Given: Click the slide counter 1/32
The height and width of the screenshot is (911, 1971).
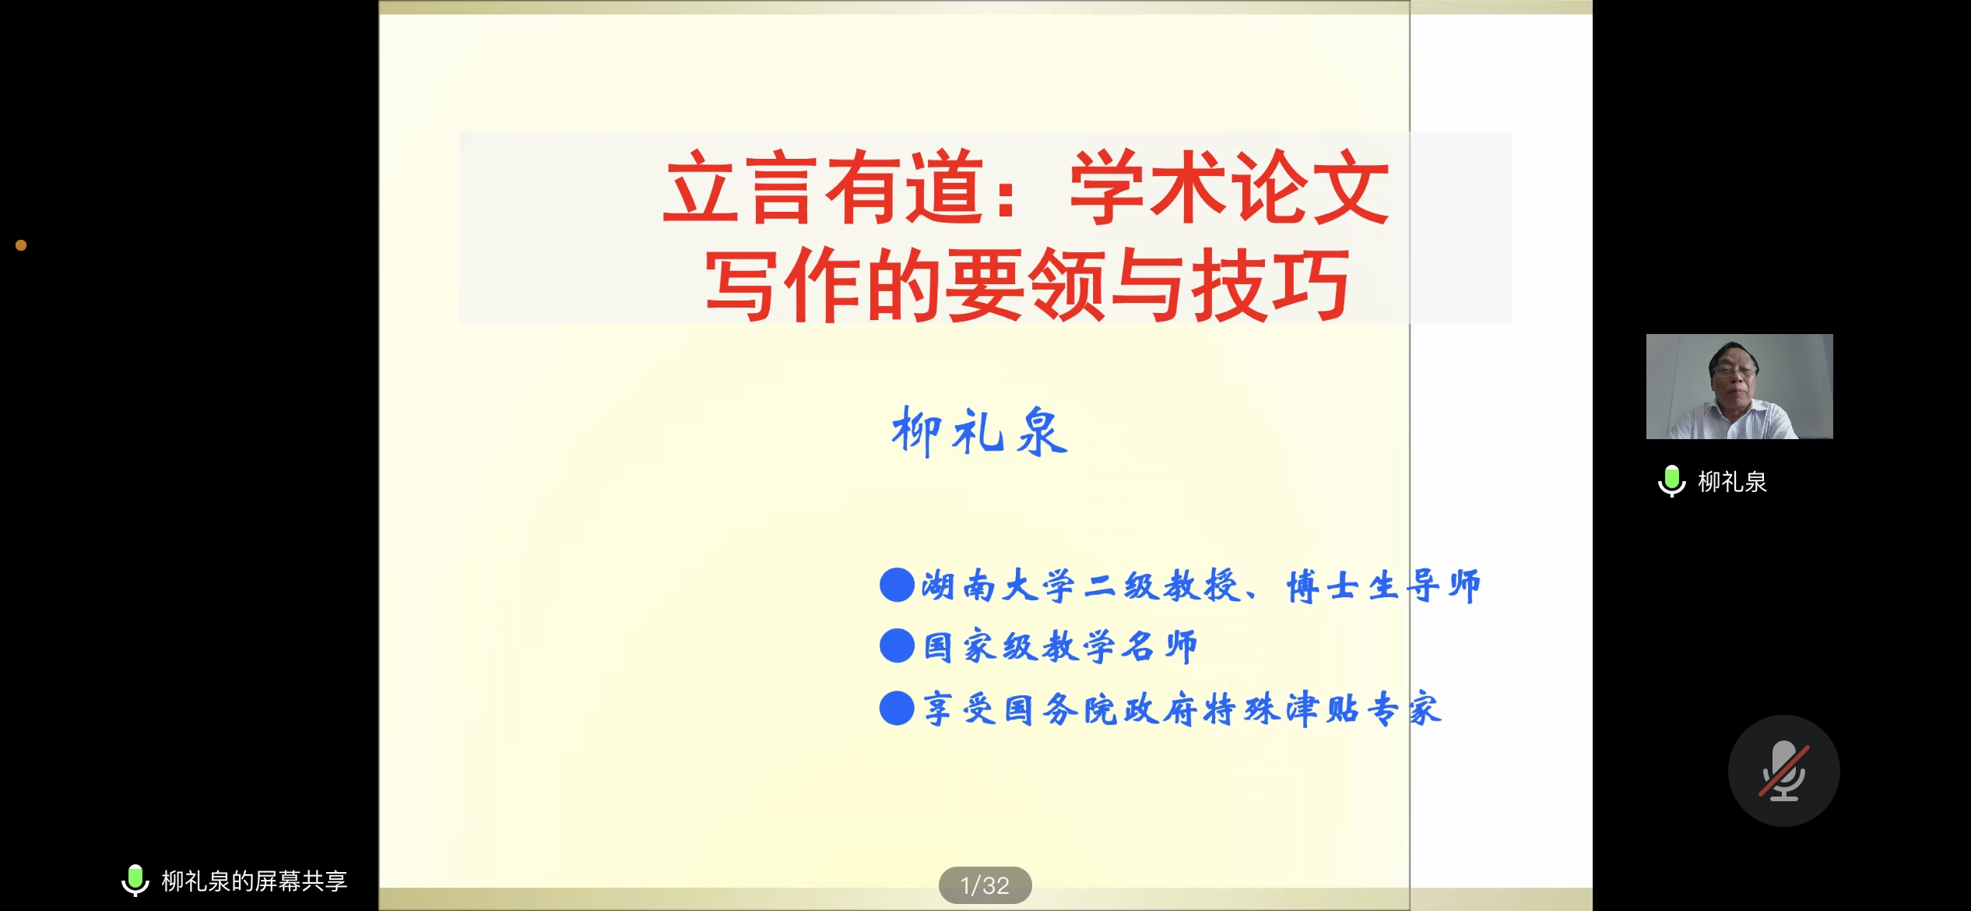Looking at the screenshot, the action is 985,885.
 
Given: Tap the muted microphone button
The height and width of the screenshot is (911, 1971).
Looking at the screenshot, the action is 1783,771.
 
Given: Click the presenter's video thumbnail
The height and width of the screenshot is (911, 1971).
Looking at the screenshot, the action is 1739,386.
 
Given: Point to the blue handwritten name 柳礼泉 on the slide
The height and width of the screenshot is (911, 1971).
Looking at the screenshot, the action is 979,431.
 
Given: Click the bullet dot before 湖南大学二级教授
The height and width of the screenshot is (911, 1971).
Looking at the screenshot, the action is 897,585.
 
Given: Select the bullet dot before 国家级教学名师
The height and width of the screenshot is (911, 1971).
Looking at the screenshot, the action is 897,646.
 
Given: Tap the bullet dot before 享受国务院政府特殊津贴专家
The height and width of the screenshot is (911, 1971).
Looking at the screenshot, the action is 897,709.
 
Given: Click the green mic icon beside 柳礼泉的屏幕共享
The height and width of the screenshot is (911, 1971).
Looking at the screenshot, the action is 135,880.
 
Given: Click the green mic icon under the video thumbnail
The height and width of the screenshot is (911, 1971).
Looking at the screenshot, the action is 1671,481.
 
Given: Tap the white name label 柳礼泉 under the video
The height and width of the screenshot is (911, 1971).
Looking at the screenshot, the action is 1732,482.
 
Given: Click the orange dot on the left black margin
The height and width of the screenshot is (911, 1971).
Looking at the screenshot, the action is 21,245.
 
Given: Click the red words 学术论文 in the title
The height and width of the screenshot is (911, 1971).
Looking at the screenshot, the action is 1230,187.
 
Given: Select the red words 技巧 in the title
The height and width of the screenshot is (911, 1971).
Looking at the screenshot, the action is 1270,285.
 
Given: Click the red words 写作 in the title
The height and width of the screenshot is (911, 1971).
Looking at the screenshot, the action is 782,285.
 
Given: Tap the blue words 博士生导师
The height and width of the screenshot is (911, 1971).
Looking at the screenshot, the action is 1383,586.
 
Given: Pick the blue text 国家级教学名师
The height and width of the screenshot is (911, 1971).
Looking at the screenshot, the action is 1060,647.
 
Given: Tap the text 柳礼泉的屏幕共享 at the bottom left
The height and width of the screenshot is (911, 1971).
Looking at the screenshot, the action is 255,881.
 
